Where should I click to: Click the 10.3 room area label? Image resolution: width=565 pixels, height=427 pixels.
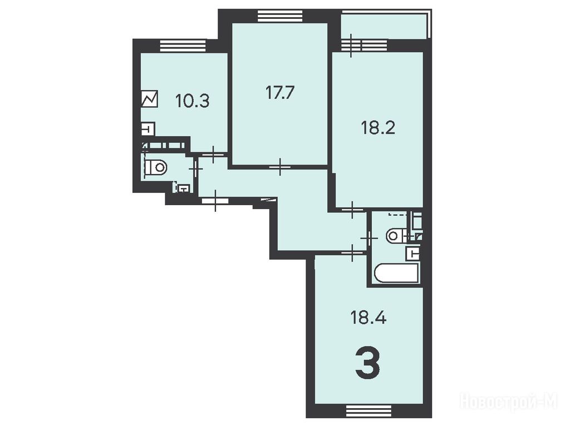193,101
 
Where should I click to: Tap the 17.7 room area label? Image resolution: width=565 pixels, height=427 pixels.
280,93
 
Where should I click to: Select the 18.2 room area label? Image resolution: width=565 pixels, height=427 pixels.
378,127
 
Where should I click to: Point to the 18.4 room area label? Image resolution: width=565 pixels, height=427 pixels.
369,318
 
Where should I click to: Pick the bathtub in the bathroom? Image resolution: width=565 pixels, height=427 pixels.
397,273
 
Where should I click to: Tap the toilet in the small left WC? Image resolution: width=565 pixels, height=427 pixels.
156,167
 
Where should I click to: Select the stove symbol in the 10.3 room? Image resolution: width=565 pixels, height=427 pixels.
150,98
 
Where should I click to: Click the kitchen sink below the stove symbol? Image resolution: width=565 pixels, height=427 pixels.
148,128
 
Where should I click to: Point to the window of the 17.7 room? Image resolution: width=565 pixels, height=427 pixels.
280,17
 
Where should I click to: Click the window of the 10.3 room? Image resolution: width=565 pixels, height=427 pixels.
183,46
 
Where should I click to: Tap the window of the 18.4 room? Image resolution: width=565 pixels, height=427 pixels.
369,410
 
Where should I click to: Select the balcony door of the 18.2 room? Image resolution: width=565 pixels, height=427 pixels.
351,46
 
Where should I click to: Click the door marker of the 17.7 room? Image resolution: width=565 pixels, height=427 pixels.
280,167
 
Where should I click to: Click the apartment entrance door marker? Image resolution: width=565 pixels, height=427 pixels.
215,201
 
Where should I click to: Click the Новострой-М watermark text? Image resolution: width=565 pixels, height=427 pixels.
509,401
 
